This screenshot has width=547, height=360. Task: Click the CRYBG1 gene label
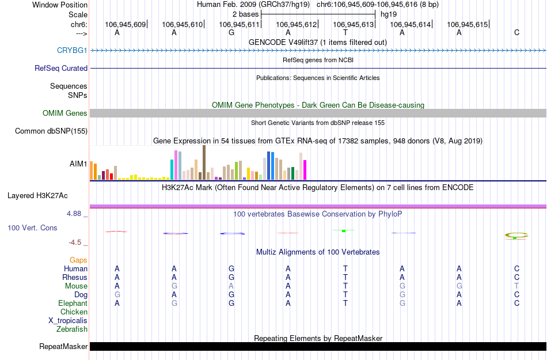tap(72, 50)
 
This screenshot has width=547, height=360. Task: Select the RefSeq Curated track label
tap(61, 68)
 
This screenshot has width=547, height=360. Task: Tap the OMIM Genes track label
tap(65, 113)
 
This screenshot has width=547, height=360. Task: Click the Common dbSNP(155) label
tap(51, 131)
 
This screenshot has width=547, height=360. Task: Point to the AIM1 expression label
tap(78, 164)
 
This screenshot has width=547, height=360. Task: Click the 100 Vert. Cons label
tap(32, 228)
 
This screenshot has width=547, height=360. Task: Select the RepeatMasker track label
tap(63, 347)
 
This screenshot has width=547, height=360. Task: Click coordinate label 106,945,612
tap(297, 24)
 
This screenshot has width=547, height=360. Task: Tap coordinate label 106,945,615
tap(467, 24)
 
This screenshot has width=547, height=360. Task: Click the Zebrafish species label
tap(72, 329)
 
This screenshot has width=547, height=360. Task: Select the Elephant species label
tap(73, 303)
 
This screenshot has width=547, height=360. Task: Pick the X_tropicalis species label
tap(68, 321)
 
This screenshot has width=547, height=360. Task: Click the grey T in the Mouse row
tap(516, 286)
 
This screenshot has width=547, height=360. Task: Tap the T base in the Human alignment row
tap(345, 268)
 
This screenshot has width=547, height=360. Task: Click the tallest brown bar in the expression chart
tap(204, 162)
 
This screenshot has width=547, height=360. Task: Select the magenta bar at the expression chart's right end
tap(305, 169)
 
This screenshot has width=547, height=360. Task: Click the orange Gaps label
tap(78, 260)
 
